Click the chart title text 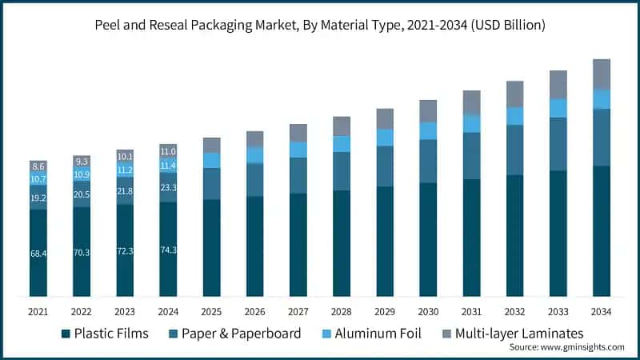click(x=320, y=26)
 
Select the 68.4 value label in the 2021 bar click(x=38, y=254)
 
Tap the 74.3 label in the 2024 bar click(x=168, y=250)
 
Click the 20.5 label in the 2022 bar click(x=82, y=194)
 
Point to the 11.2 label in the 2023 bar click(x=125, y=170)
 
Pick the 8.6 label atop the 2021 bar click(x=38, y=166)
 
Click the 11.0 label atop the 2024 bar click(x=168, y=151)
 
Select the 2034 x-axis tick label click(x=601, y=310)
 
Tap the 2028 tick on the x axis click(x=342, y=310)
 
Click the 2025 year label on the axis click(x=211, y=310)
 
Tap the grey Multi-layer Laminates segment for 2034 click(x=601, y=74)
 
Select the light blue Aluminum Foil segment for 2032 click(x=514, y=116)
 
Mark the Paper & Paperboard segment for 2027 click(x=298, y=175)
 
